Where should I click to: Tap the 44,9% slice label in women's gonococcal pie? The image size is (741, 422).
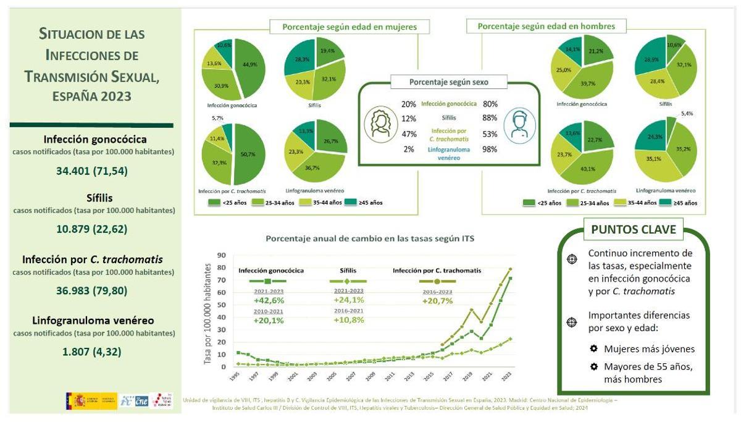point(249,64)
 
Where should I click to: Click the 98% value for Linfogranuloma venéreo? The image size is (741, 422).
point(490,149)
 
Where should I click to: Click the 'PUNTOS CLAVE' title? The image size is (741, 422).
point(634,230)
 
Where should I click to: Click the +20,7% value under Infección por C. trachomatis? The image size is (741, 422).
point(437,301)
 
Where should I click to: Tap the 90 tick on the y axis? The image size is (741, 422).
point(221,255)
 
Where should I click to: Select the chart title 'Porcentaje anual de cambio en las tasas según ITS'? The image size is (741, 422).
point(370,237)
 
